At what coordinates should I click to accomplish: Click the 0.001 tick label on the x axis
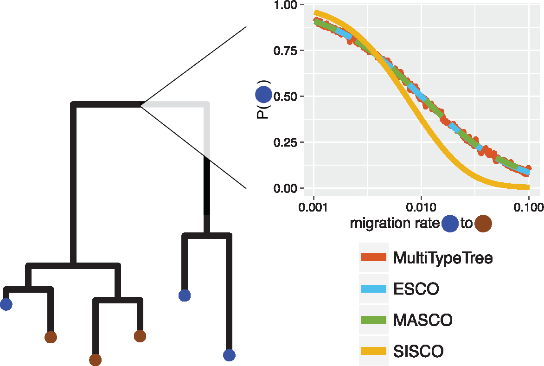click(314, 205)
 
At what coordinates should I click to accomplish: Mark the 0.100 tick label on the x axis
click(528, 205)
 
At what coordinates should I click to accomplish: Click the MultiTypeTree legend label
click(442, 257)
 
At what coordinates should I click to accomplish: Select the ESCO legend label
click(416, 289)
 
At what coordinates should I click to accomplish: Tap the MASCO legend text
click(422, 320)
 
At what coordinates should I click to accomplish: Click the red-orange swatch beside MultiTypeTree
click(373, 257)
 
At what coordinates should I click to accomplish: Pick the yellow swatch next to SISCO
click(373, 351)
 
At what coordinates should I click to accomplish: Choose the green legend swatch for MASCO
click(373, 320)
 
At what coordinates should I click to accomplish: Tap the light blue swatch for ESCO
click(373, 289)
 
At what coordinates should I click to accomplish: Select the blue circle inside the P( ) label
click(263, 96)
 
